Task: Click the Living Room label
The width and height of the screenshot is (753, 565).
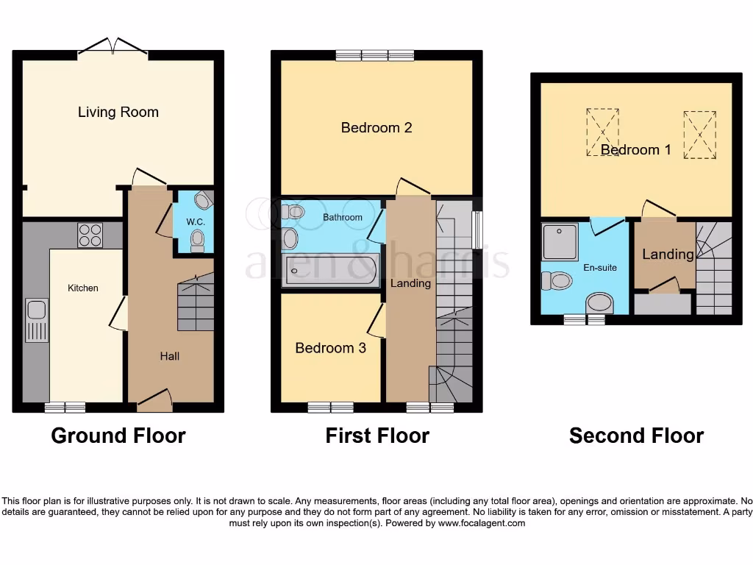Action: click(118, 112)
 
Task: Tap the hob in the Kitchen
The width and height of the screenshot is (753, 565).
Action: click(90, 235)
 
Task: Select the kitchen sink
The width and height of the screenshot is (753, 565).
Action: click(37, 320)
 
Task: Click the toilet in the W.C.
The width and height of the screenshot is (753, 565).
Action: click(196, 239)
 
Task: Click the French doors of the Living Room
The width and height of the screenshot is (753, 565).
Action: click(113, 48)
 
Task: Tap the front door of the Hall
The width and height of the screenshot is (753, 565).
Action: click(155, 399)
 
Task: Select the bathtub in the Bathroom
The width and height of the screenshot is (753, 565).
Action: click(332, 270)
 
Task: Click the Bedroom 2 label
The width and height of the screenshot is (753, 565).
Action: click(376, 127)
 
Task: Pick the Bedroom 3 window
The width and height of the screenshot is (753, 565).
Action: click(330, 407)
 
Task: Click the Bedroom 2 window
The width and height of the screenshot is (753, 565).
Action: click(375, 55)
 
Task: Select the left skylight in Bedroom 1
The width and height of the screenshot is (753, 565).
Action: click(602, 132)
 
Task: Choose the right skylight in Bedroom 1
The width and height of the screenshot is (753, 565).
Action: click(699, 135)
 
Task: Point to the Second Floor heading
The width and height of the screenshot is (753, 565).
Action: click(636, 436)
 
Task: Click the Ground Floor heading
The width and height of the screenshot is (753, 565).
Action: click(118, 436)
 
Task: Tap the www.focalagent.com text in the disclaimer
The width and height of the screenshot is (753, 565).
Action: click(481, 523)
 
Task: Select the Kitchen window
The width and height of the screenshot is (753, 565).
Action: click(65, 407)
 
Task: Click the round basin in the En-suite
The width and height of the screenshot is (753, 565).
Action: click(601, 302)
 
